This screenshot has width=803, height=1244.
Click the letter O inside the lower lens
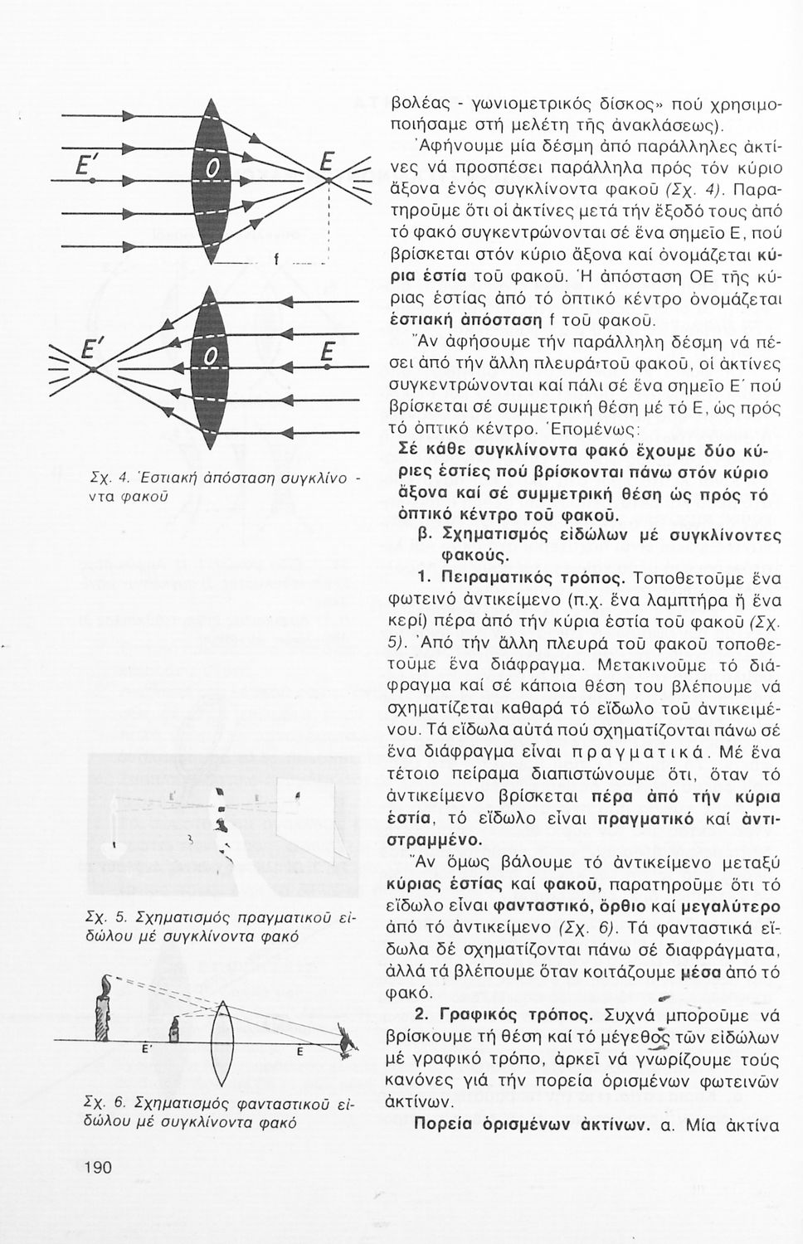(x=212, y=358)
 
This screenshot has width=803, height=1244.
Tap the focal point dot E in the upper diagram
(x=329, y=180)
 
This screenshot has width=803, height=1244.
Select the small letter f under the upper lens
(x=275, y=260)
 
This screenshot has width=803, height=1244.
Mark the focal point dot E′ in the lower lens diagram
(x=95, y=367)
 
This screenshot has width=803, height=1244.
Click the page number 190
(x=98, y=1167)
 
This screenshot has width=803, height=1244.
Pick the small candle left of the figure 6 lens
(x=176, y=1031)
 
